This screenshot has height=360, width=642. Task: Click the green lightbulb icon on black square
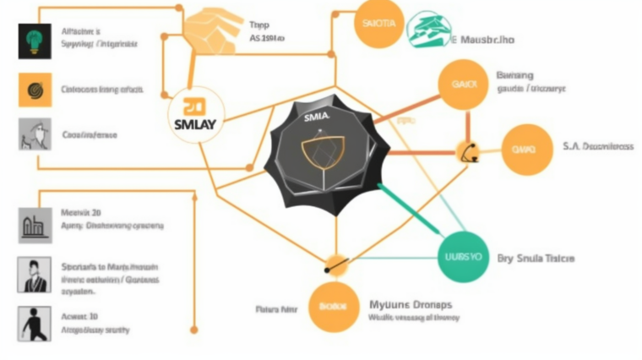35,41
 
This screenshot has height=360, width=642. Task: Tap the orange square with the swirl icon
35,89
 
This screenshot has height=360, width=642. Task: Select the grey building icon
35,226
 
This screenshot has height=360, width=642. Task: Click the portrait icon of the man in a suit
35,275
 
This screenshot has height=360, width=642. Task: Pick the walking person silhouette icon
35,324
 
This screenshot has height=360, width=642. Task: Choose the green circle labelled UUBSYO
464,254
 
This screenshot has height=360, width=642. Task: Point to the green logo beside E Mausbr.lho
428,31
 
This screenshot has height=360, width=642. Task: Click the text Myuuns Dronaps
411,303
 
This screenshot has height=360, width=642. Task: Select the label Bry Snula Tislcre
537,258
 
